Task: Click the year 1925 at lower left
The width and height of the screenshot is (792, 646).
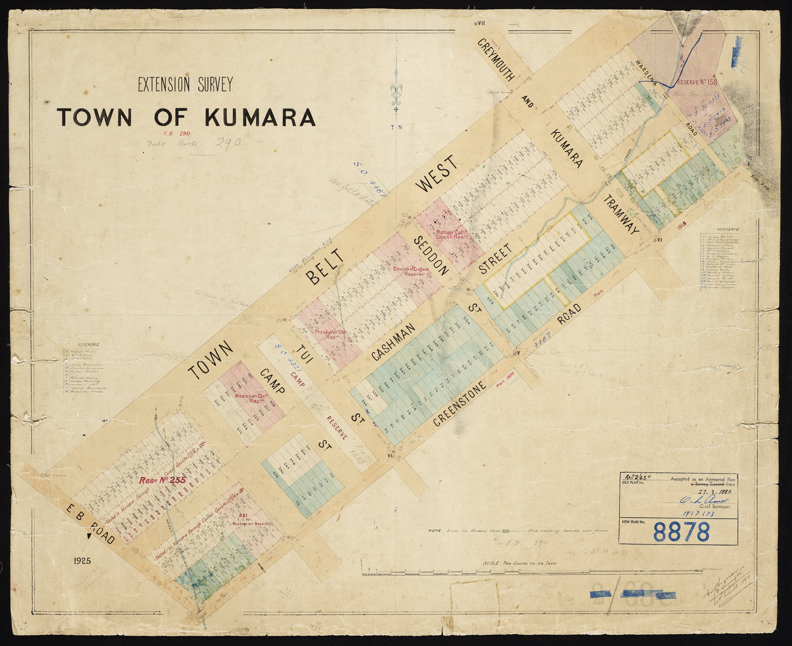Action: [82, 561]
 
